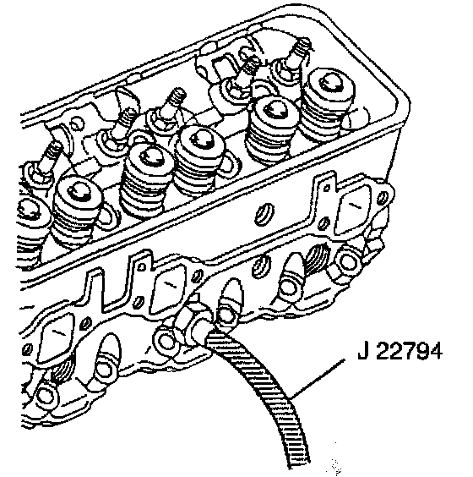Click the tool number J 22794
coord(400,351)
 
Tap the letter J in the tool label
coord(363,351)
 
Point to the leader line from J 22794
coord(317,379)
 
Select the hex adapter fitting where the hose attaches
coord(194,324)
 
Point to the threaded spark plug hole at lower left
coord(63,370)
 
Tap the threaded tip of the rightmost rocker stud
coord(302,46)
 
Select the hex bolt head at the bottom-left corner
coord(46,397)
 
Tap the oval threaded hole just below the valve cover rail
coord(264,215)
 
